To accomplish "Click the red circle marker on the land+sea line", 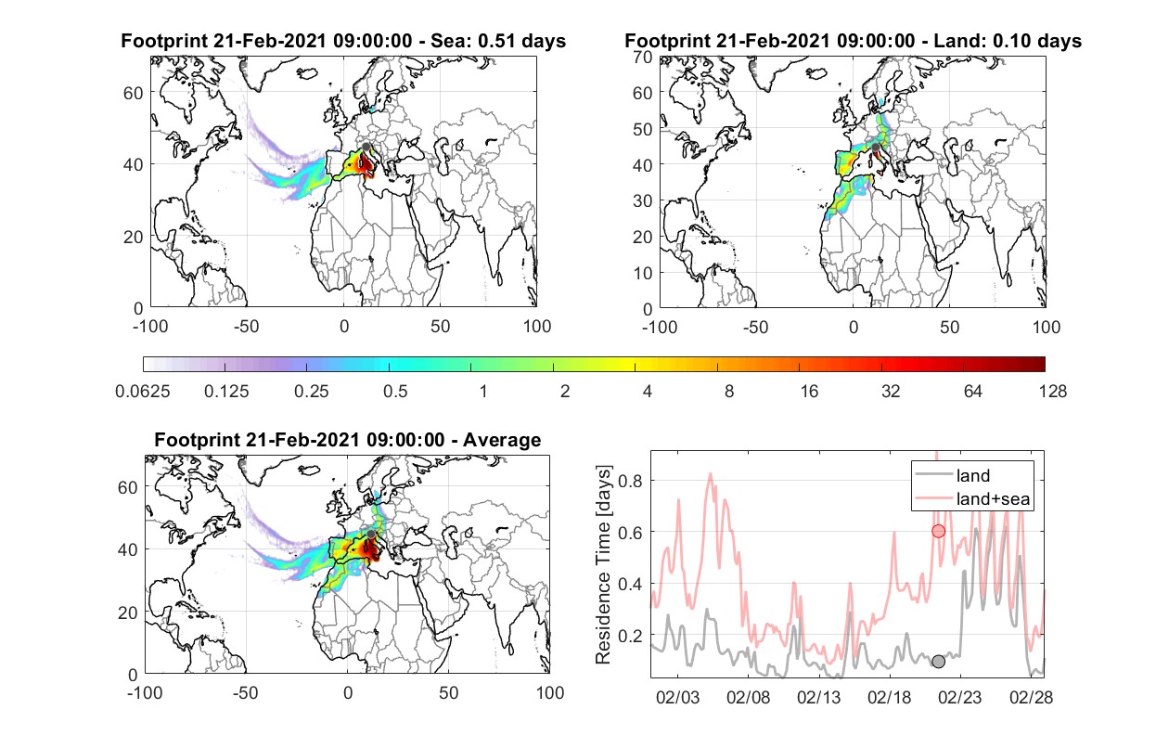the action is tap(938, 531).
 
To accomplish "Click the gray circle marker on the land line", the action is tap(938, 662).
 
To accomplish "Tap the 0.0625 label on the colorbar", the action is tap(143, 392).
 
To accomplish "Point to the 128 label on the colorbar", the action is tap(1052, 392).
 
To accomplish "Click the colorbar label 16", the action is tap(809, 392).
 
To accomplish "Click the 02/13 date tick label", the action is tap(818, 698).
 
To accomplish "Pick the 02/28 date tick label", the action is tap(1031, 698).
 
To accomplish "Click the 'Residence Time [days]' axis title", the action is tap(603, 565).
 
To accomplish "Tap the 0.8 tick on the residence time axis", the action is tap(630, 481).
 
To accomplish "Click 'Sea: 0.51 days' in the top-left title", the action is tap(498, 41).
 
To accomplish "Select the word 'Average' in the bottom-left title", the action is tap(502, 440).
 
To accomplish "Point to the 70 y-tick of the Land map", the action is tap(643, 57).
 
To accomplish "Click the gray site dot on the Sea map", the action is tap(366, 148).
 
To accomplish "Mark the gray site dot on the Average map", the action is tap(371, 534).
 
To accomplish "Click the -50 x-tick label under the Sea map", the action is tap(246, 327).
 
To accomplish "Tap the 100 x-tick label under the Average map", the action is tap(549, 692).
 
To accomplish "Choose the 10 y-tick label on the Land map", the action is tap(643, 273).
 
